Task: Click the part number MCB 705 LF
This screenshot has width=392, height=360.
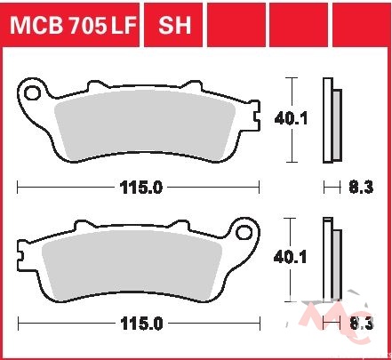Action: (x=73, y=25)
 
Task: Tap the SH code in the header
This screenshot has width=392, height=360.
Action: (x=174, y=25)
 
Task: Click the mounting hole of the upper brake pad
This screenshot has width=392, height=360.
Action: (x=32, y=93)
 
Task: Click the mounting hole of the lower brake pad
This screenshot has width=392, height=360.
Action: (x=244, y=232)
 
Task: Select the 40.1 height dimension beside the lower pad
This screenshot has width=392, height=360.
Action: (x=290, y=257)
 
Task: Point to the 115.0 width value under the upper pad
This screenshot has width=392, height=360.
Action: (x=141, y=188)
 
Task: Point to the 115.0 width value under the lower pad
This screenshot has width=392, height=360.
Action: (x=141, y=324)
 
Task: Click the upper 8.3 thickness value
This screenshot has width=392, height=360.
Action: (x=361, y=188)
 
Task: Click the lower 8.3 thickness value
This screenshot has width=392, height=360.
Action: (x=362, y=324)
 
